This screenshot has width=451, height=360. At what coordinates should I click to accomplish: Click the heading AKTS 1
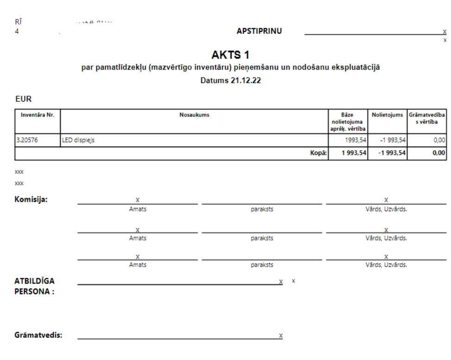(230, 55)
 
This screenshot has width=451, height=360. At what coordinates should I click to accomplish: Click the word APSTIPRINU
(259, 31)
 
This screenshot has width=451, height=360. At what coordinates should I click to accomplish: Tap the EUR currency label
(23, 99)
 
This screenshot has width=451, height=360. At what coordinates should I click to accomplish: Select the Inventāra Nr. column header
(38, 115)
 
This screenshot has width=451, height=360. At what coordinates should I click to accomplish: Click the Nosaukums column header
(194, 115)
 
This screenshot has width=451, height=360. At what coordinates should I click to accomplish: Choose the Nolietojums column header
(387, 115)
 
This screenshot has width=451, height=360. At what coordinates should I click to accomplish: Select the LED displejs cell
(78, 140)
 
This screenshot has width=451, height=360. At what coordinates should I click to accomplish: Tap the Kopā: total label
(318, 153)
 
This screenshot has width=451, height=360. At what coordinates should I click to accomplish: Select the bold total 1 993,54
(354, 153)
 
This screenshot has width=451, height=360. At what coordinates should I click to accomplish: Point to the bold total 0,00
(439, 153)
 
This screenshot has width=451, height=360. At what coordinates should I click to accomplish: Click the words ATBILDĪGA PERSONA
(35, 286)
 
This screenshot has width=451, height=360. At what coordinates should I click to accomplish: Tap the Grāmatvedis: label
(38, 335)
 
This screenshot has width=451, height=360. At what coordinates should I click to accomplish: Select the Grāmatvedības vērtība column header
(427, 118)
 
